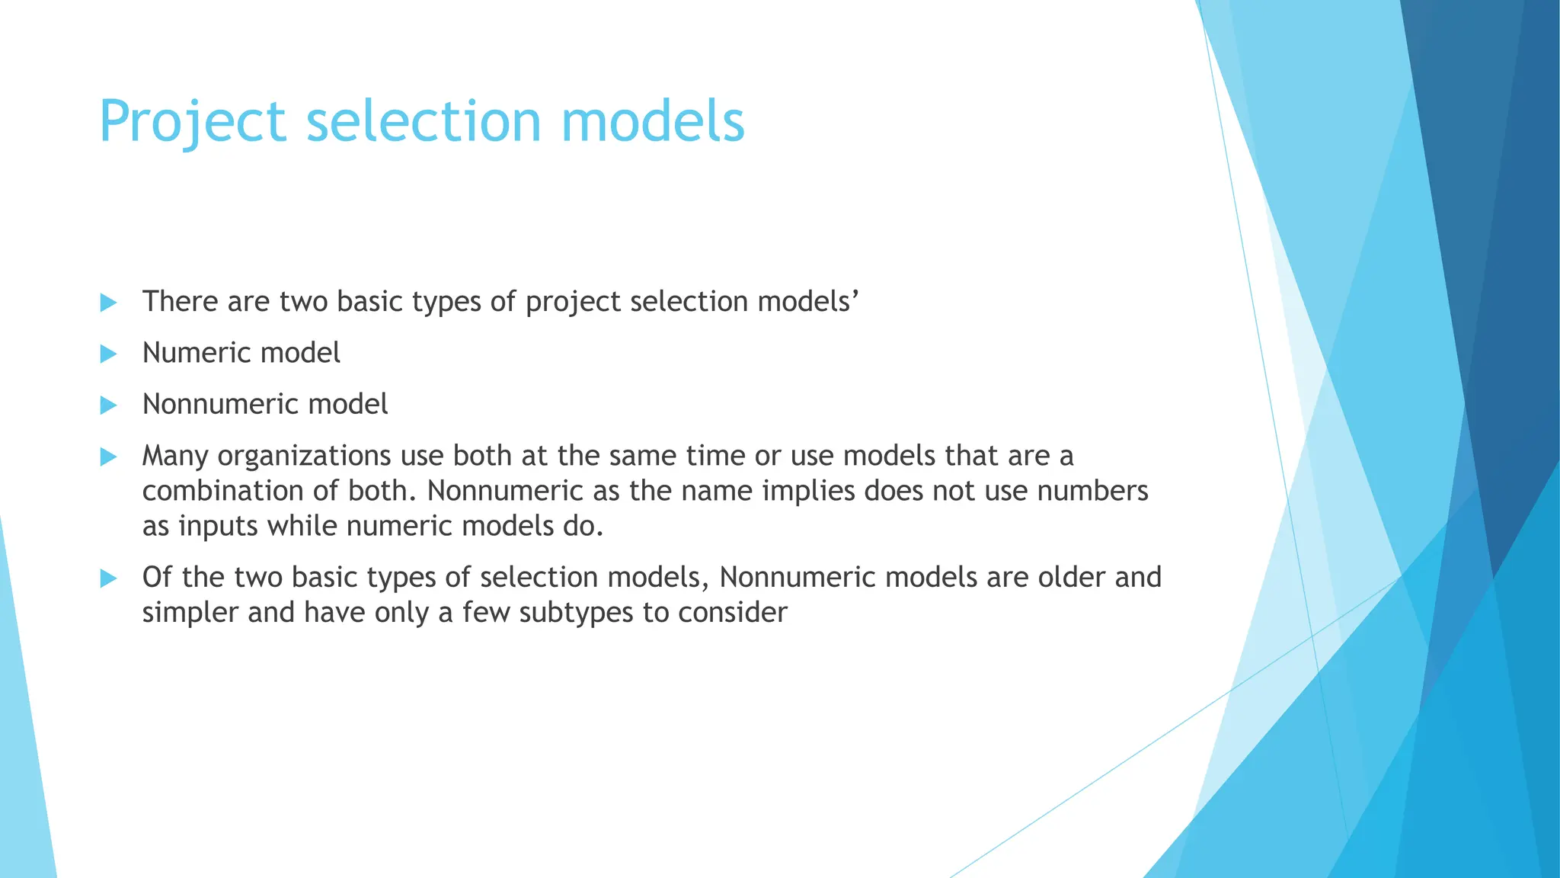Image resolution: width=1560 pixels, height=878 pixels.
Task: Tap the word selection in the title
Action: tap(423, 122)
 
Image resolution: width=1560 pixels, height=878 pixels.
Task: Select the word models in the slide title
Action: tap(653, 122)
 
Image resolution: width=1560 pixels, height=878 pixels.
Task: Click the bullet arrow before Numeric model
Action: tap(108, 354)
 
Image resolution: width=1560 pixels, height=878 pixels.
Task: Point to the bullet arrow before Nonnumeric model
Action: tap(108, 405)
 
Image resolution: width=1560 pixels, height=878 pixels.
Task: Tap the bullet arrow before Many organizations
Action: tap(108, 457)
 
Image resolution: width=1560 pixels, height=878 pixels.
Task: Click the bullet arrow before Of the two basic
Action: tap(108, 578)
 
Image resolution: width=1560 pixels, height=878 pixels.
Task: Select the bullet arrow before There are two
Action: tap(108, 303)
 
